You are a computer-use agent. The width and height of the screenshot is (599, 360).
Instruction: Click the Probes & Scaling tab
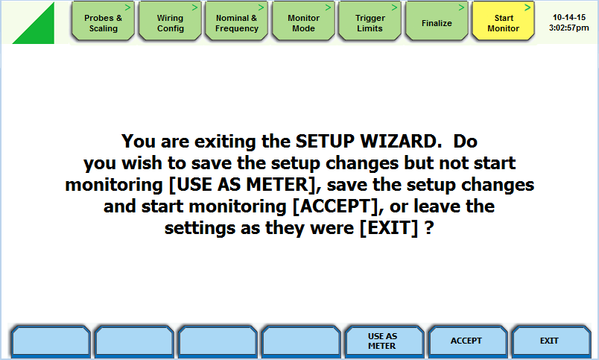coord(103,22)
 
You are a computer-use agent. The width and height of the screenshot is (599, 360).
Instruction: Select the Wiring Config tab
coord(170,22)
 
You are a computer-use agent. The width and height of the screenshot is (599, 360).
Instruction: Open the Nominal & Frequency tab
coord(236,22)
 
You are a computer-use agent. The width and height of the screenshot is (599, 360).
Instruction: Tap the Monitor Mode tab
coord(303,22)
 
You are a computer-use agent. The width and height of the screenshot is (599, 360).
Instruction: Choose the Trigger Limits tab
coord(370,22)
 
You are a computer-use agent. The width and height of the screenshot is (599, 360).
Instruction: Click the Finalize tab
coord(437,22)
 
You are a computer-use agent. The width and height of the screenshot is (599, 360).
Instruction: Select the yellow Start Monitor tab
coord(503,22)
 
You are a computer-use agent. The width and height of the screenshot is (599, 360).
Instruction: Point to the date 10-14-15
coord(568,18)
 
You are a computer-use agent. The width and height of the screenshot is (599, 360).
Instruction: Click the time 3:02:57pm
coord(568,28)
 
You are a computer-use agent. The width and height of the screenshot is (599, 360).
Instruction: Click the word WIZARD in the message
coord(401,142)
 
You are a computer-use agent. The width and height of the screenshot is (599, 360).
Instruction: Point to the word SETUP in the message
coord(325,142)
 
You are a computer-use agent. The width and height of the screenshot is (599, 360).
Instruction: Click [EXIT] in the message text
coord(389,229)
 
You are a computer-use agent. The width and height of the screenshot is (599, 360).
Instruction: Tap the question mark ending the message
coord(429,228)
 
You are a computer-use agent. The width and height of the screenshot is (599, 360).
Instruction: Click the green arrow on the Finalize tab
coord(461,7)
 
